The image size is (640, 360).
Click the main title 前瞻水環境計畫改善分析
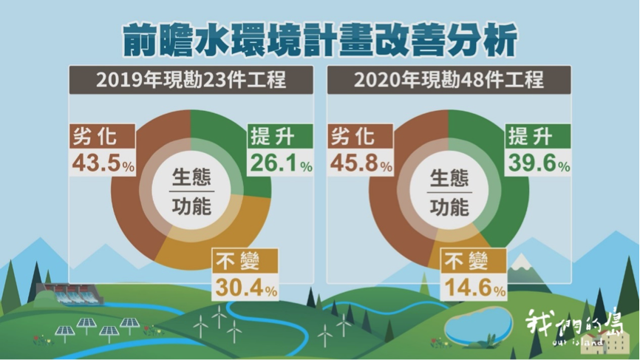pos(319,40)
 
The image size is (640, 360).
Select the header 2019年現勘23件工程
pos(191,80)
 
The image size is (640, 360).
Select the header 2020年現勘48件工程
pos(449,80)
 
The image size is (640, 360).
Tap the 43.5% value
pos(103,163)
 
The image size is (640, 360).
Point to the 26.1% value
pos(282,163)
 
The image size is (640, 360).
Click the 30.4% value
pos(246,288)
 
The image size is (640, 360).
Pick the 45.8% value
pos(361,163)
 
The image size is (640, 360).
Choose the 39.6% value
pos(539,163)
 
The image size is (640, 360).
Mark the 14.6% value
pos(475,288)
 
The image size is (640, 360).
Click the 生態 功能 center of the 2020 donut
pos(449,191)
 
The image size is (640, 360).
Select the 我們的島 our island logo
pos(575,328)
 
